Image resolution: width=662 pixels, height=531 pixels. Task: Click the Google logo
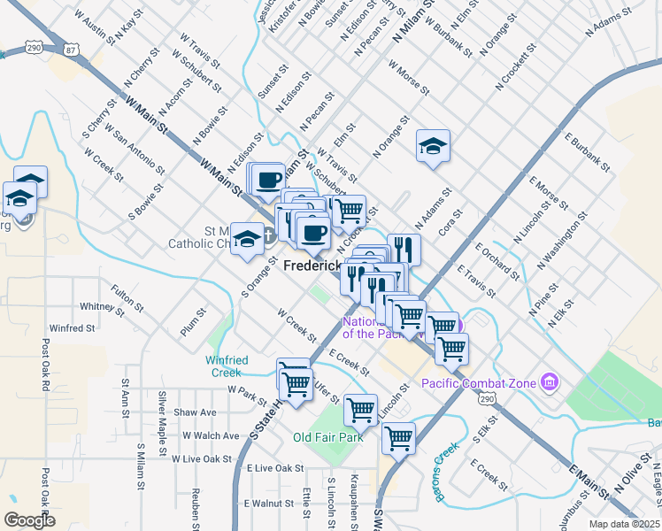pos(30,520)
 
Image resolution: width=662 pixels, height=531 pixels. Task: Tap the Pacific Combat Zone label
pos(478,382)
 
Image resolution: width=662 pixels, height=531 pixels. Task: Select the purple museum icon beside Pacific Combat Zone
pos(550,382)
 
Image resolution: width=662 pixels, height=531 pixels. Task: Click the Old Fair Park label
pos(328,437)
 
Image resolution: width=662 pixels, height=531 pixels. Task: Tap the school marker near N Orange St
pos(433,147)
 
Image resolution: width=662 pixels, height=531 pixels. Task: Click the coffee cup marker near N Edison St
pos(267,180)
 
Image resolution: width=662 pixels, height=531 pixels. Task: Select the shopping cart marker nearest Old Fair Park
pos(360,410)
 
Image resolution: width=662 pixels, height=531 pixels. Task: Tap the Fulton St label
pos(127,297)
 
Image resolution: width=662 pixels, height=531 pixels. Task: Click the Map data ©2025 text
pos(624,524)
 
